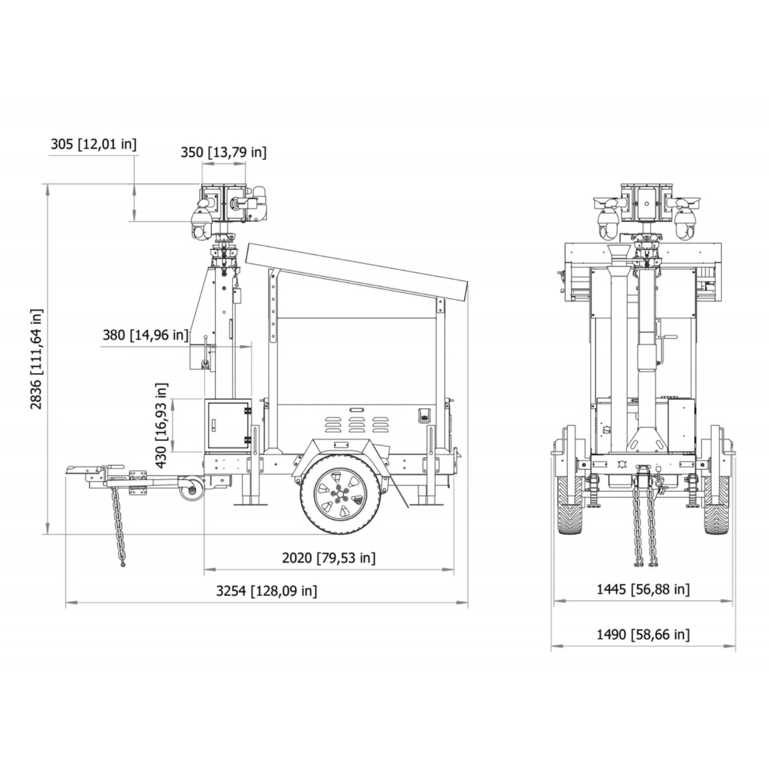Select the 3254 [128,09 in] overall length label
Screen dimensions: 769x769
(267, 591)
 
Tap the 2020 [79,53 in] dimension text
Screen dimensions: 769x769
(329, 558)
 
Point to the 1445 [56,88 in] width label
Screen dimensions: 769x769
(643, 590)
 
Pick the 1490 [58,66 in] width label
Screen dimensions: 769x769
(643, 635)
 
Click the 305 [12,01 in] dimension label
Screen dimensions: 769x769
(94, 144)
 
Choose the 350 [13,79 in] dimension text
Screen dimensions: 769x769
(224, 152)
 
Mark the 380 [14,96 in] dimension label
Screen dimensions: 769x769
(146, 335)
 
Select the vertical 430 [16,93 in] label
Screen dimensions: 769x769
(161, 426)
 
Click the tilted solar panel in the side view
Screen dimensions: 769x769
(358, 273)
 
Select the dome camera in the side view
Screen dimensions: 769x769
(201, 224)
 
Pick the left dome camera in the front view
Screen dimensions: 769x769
(608, 221)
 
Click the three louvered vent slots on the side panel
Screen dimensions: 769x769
(356, 424)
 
